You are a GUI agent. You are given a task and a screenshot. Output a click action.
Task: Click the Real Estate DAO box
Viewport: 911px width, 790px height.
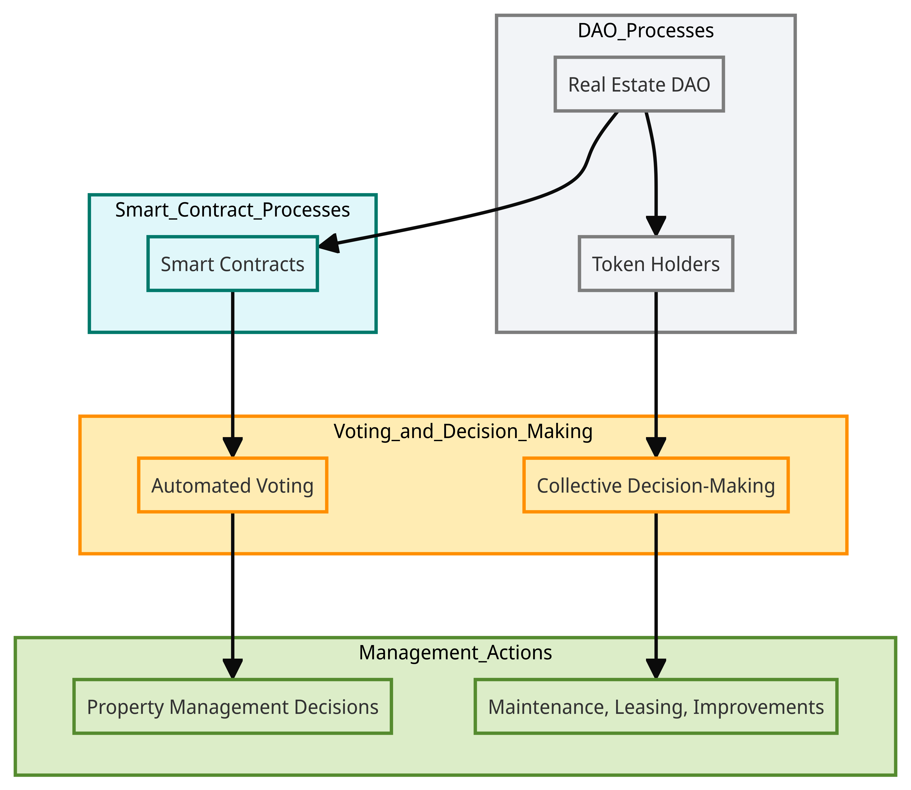tap(639, 84)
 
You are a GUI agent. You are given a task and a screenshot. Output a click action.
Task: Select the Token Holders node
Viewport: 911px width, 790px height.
tap(656, 264)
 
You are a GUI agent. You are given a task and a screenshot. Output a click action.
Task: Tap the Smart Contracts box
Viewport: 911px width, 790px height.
tap(232, 264)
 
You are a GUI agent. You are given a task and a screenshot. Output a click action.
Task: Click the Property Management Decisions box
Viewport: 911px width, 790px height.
tap(232, 707)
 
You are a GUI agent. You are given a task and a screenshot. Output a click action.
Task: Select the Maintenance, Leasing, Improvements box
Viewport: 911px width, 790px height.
tap(656, 707)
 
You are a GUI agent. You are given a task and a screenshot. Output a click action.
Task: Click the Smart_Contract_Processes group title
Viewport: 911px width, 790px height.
tap(232, 210)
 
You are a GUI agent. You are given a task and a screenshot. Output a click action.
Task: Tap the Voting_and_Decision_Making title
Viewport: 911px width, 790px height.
tap(463, 431)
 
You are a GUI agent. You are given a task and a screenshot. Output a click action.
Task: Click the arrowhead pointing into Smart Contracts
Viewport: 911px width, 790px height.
tap(329, 244)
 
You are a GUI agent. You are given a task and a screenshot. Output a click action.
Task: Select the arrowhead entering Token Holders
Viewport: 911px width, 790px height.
tap(656, 226)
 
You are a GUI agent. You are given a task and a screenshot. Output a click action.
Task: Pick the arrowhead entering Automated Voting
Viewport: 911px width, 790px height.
tap(232, 448)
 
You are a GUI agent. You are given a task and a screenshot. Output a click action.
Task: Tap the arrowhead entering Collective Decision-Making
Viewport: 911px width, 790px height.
tap(656, 448)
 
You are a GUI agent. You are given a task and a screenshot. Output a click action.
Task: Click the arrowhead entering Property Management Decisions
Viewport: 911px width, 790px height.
tap(232, 669)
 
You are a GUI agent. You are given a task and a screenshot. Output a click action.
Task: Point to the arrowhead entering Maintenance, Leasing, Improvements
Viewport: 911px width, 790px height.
tap(656, 669)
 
